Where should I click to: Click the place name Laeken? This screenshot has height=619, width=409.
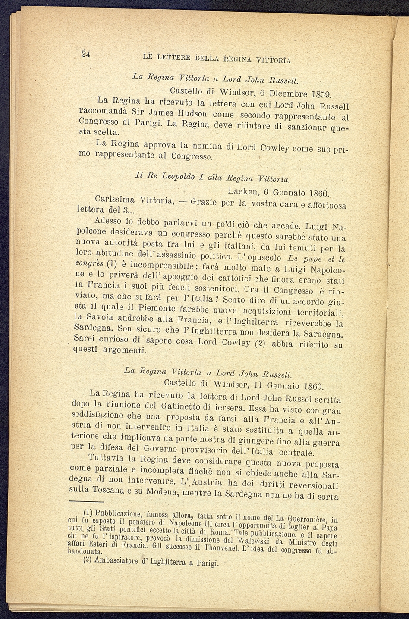click(243, 190)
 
